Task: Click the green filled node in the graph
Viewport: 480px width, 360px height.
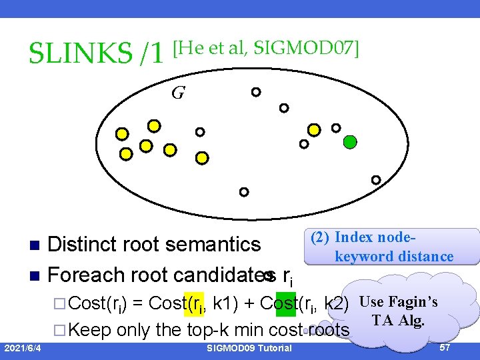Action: click(350, 141)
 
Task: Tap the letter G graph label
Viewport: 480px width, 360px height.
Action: click(177, 93)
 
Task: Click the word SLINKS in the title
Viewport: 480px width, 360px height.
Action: click(78, 53)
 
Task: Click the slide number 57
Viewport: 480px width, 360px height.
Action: click(445, 348)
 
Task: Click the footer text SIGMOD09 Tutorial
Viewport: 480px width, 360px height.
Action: click(249, 349)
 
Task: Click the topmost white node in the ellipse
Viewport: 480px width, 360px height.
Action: click(255, 92)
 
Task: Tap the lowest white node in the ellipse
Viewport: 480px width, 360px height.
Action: click(244, 192)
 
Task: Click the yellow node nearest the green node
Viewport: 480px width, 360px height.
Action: click(313, 130)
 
